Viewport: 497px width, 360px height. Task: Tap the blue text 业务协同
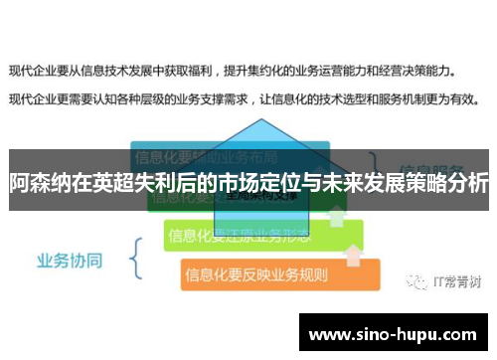pos(69,261)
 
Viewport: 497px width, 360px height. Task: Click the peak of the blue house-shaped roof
pos(260,122)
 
